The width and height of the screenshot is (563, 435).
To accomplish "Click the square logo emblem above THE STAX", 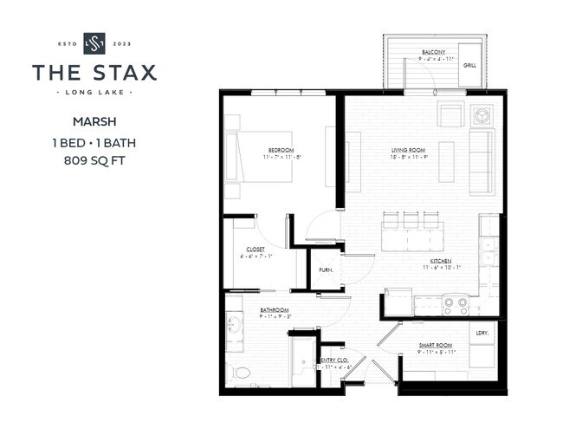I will click(x=94, y=42).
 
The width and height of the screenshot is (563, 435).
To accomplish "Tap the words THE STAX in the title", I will click(x=94, y=73).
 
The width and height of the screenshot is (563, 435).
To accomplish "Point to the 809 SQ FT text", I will click(x=94, y=160).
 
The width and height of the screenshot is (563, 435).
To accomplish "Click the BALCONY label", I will click(x=434, y=53).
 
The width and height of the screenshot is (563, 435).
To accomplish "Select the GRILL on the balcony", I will click(x=469, y=66).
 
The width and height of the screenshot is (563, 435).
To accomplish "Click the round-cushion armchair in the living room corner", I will click(x=481, y=115).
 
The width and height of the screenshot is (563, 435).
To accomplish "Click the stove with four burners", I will click(x=456, y=304).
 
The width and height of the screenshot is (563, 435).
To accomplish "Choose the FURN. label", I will click(x=326, y=269).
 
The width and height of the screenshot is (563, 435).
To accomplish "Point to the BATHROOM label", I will click(x=275, y=309).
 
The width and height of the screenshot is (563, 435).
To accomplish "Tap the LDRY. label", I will click(x=482, y=332).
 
